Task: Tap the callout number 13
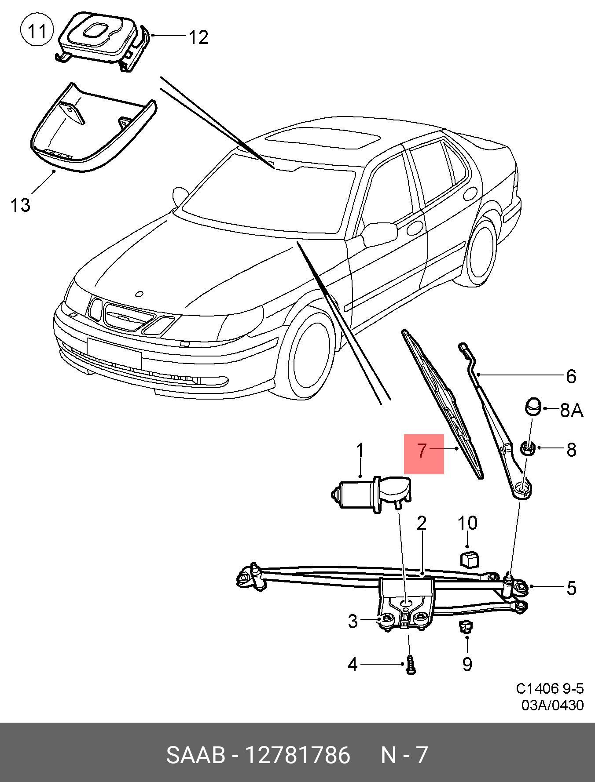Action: (20, 205)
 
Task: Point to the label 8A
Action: (571, 411)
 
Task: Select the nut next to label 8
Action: (528, 449)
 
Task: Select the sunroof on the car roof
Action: (322, 139)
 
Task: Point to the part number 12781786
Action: (297, 755)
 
